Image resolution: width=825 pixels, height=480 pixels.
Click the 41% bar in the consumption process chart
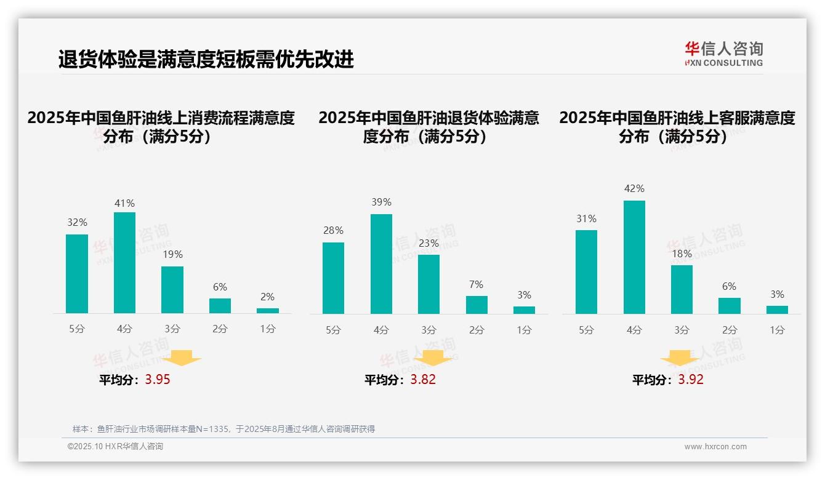click(124, 263)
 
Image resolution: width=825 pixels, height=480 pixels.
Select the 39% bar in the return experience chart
click(381, 264)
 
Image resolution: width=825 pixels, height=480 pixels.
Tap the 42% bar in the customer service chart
click(634, 257)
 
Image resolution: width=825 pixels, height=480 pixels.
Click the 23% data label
click(429, 244)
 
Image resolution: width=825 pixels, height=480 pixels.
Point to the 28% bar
click(333, 278)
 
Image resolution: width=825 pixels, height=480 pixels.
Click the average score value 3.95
click(158, 380)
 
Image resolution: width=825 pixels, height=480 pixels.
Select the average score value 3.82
click(423, 380)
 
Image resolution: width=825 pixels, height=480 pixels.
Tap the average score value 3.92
click(691, 380)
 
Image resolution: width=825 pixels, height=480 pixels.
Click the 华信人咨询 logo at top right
click(723, 54)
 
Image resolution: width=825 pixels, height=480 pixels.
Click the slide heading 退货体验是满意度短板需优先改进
click(206, 60)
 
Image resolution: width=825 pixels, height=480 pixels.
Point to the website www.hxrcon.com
click(715, 447)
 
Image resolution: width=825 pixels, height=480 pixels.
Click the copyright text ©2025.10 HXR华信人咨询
click(115, 447)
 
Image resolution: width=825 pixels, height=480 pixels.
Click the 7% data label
click(476, 285)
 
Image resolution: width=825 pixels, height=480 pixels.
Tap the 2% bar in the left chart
click(268, 311)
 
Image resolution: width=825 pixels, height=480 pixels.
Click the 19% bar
click(172, 290)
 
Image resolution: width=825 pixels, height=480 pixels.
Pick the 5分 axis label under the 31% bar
click(586, 330)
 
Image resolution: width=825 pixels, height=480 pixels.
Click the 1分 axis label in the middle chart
click(524, 330)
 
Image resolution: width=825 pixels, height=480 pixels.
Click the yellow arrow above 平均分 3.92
click(680, 358)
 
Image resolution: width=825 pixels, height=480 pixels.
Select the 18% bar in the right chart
click(682, 289)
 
